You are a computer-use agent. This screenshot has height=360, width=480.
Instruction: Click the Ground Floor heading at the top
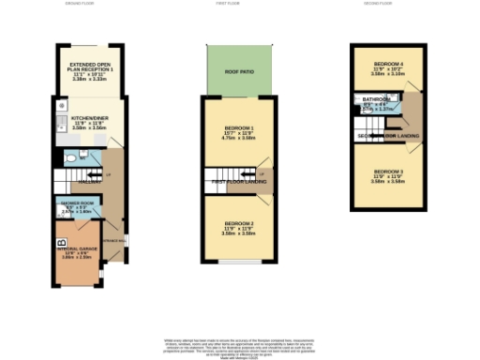(79, 5)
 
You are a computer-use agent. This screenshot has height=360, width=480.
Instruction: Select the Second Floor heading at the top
(385, 5)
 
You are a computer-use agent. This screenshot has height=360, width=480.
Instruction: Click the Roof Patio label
(240, 70)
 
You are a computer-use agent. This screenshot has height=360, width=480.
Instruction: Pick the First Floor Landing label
(240, 180)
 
